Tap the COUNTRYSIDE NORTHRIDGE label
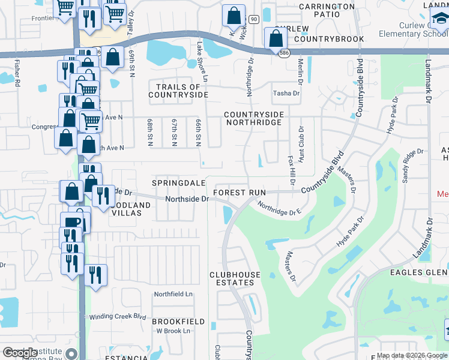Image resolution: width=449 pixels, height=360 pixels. pos(252,118)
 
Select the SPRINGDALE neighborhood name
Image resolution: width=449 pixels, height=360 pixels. pos(179,182)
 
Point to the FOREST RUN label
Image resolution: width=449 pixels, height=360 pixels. pos(239,193)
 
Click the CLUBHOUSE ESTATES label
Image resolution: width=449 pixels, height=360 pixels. pos(235,279)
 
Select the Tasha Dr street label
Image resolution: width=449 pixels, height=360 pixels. pos(286,93)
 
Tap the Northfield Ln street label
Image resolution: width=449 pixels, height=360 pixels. pos(173,294)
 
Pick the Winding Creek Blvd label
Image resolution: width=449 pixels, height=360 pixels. pos(118,317)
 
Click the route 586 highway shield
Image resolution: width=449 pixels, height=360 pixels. pos(282,54)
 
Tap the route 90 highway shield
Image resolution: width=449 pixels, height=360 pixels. pos(254,20)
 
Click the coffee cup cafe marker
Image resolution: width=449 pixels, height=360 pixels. pos(73,221)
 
